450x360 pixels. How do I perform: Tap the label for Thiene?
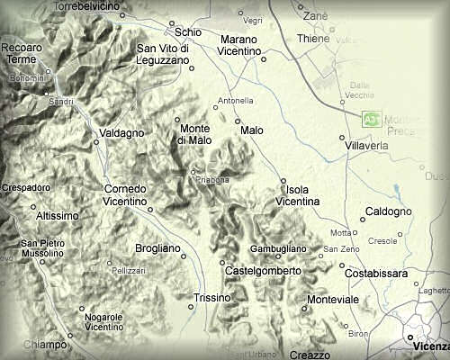click(314, 40)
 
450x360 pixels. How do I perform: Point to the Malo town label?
click(252, 131)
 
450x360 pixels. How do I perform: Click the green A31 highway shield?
click(370, 118)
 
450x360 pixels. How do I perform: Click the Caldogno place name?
click(389, 211)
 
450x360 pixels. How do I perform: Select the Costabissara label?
click(374, 273)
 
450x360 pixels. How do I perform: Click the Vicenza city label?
click(427, 346)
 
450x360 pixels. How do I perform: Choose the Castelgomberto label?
click(263, 270)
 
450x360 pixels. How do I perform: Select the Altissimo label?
click(58, 216)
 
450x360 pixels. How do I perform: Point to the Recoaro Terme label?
click(24, 51)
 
